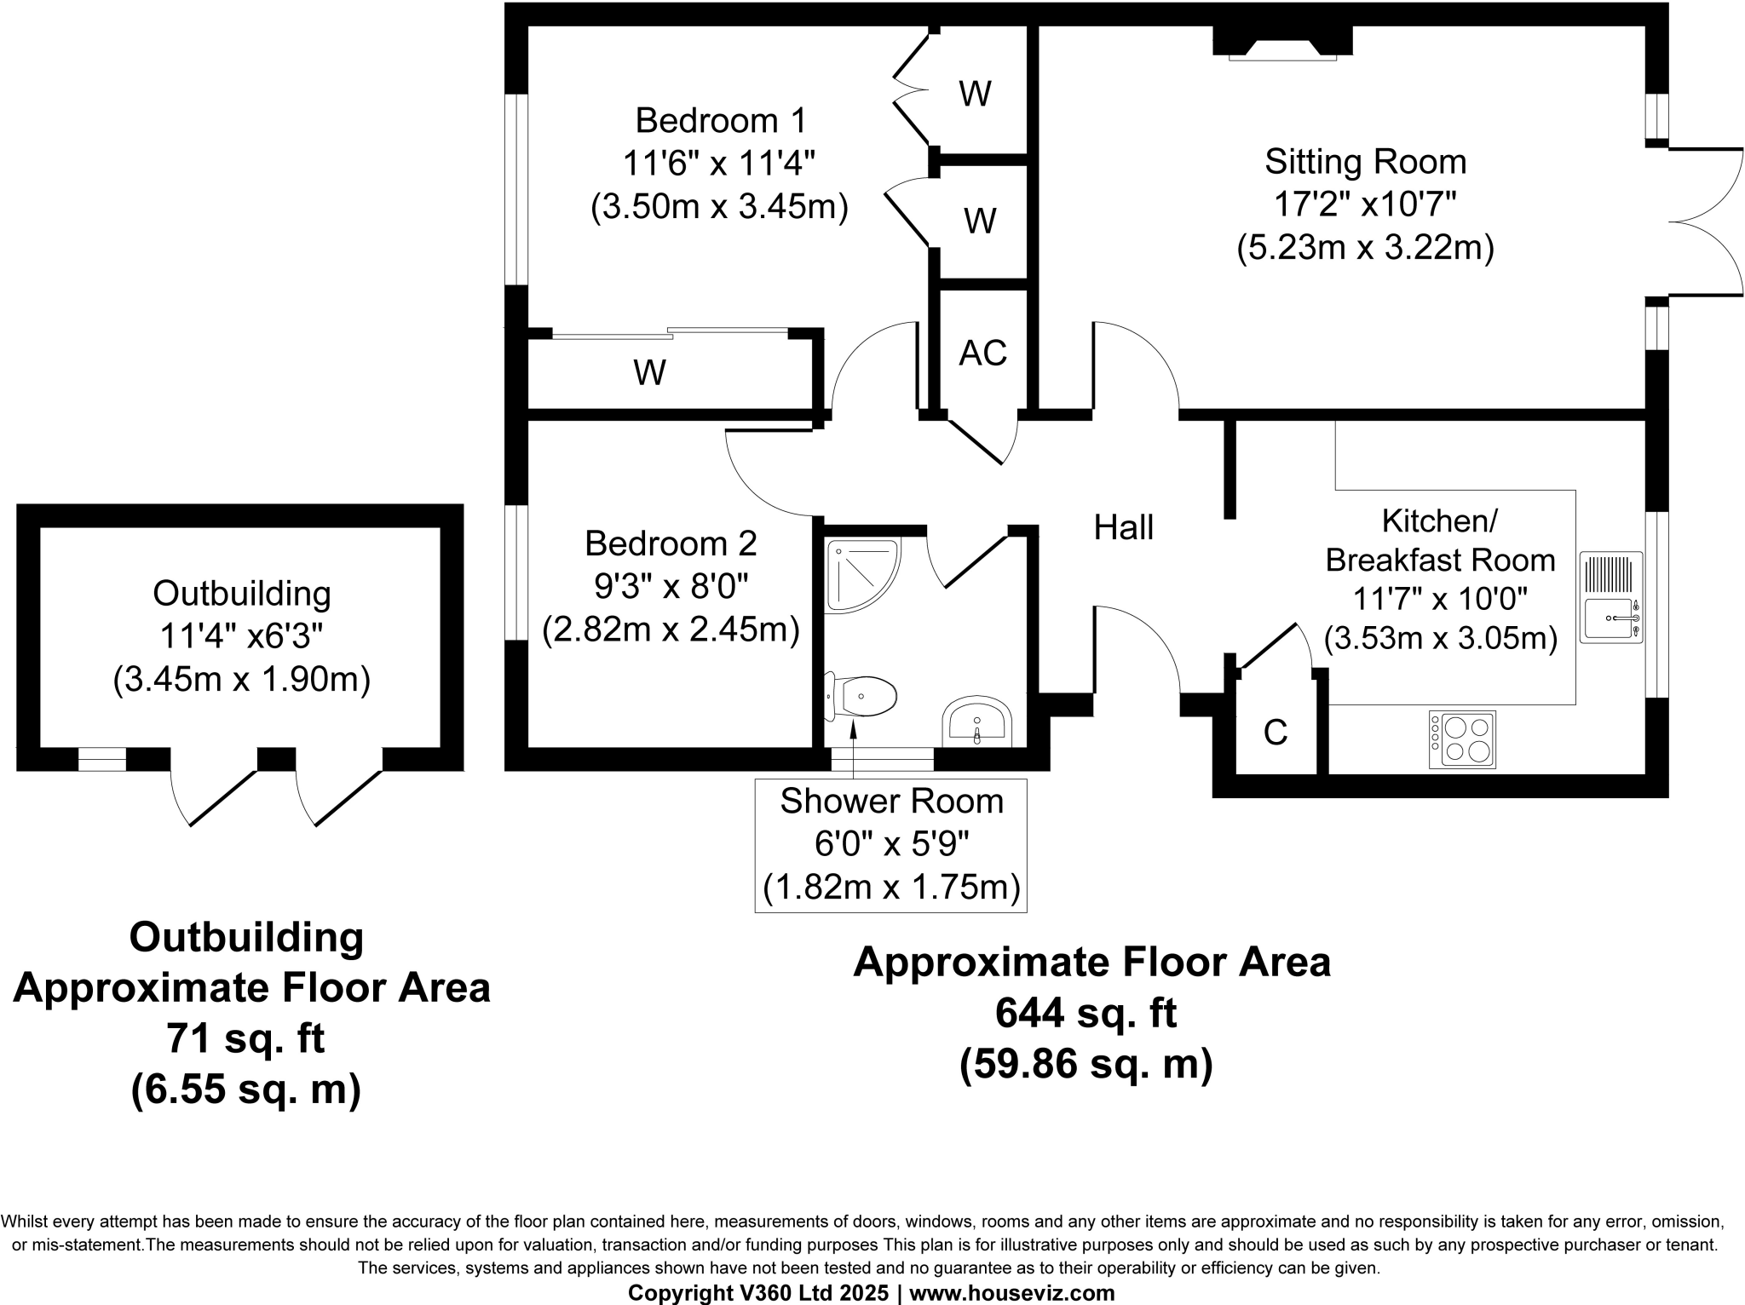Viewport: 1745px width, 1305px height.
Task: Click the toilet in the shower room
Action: (x=862, y=697)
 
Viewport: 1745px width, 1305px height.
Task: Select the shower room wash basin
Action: (x=977, y=723)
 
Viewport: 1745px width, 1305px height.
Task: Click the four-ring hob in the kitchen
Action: (x=1462, y=739)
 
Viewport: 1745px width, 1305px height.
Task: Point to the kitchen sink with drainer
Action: (x=1611, y=597)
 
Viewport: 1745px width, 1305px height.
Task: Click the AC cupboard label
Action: (x=982, y=353)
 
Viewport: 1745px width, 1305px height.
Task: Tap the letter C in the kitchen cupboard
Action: (x=1275, y=733)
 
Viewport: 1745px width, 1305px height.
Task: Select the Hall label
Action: (x=1123, y=527)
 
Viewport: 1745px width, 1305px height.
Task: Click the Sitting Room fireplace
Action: (x=1282, y=43)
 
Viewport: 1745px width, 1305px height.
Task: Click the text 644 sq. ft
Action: (x=1086, y=1014)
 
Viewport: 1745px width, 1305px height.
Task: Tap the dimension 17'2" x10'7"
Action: (x=1364, y=204)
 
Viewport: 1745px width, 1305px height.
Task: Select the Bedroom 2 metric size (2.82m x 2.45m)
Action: (x=671, y=630)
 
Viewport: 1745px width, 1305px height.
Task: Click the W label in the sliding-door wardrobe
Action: (x=649, y=372)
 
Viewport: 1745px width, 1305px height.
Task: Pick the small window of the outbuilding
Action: (x=101, y=758)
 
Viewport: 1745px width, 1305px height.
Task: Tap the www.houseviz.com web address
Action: (x=1012, y=1293)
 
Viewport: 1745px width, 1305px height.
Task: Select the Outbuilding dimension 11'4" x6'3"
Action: (x=241, y=635)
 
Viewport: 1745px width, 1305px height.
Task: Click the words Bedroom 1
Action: (x=720, y=120)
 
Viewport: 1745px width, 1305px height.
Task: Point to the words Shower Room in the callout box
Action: (x=891, y=802)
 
